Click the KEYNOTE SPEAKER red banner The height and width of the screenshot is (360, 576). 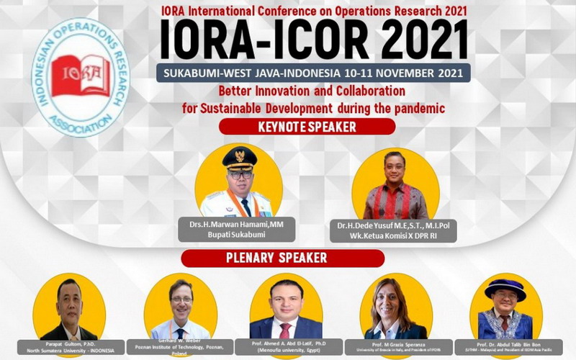coord(307,127)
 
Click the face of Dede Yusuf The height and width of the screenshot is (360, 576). coord(395,167)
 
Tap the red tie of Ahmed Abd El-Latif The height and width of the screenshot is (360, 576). coord(286,330)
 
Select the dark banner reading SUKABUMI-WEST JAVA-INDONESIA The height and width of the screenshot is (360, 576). coord(317,73)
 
